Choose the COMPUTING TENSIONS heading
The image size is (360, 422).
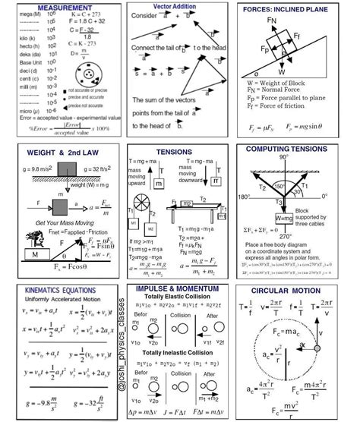(297, 149)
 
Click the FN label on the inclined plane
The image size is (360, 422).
(271, 20)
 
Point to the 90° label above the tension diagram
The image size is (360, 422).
(284, 157)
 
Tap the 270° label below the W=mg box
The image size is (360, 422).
(285, 233)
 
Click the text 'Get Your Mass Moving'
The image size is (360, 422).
(53, 222)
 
